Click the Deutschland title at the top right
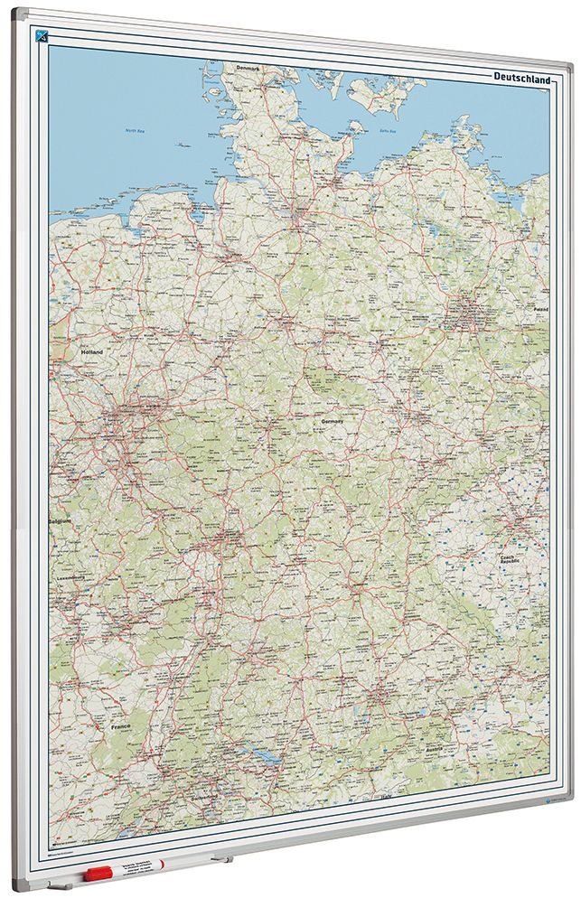pos(522,80)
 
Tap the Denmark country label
pos(247,67)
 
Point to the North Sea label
pos(136,132)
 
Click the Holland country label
pos(92,351)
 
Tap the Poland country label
pos(540,309)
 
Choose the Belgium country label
pos(61,521)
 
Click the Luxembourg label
pos(70,576)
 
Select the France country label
pos(121,726)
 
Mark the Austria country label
pos(435,749)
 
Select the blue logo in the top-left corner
pos(41,36)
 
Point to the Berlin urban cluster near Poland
pos(468,315)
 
